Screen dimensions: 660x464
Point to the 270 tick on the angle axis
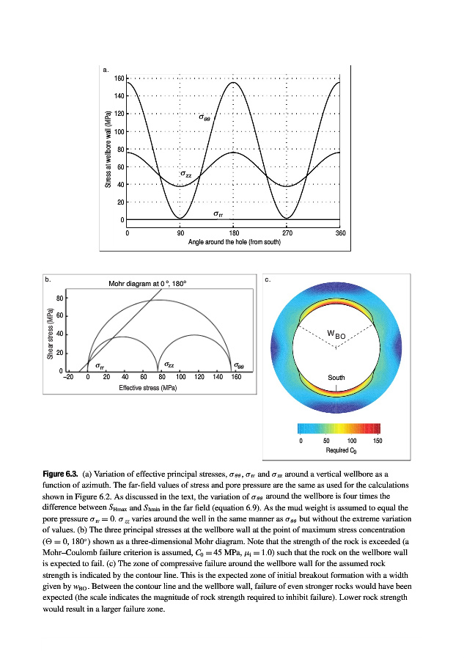click(287, 232)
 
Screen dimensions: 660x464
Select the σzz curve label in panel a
click(186, 174)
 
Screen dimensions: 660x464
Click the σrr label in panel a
click(218, 213)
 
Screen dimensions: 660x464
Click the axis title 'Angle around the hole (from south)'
click(233, 241)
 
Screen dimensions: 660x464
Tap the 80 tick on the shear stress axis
click(59, 298)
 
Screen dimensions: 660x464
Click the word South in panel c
click(336, 378)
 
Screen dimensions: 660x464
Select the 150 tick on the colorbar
click(378, 441)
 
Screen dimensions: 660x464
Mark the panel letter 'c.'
click(268, 279)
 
